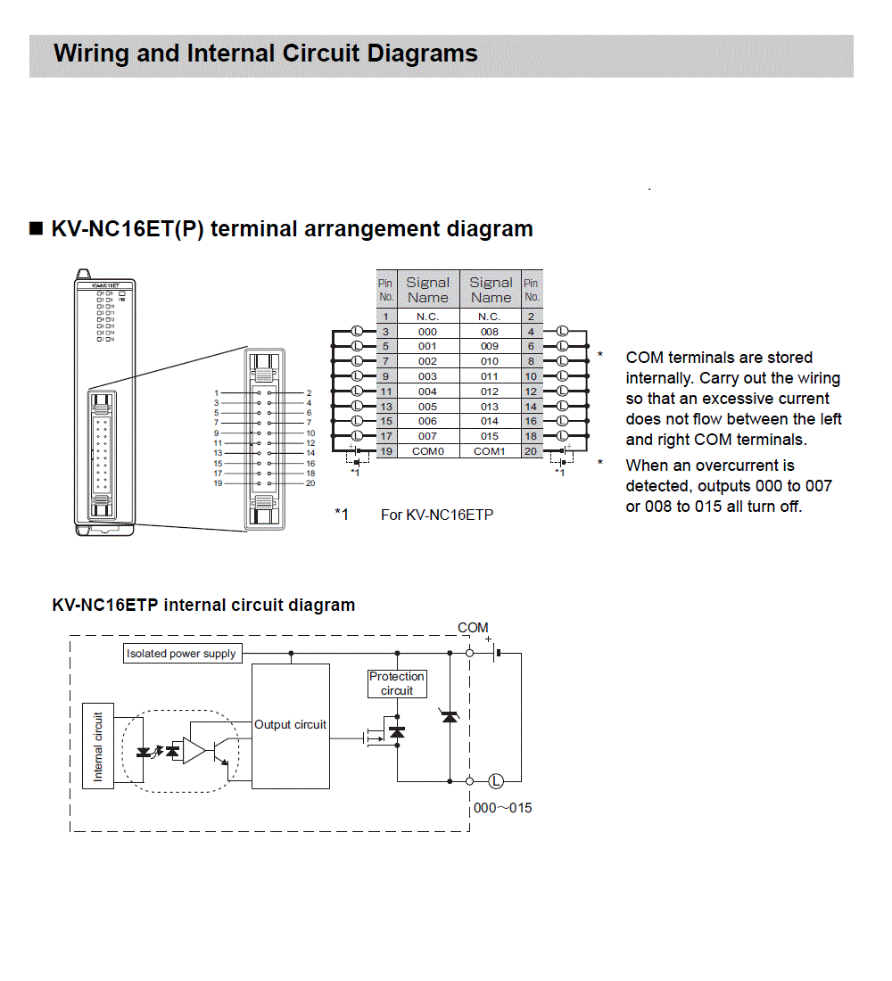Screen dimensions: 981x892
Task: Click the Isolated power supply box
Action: pyautogui.click(x=182, y=654)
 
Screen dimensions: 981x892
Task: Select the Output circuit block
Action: pyautogui.click(x=291, y=725)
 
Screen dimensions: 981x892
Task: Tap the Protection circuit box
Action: pyautogui.click(x=397, y=684)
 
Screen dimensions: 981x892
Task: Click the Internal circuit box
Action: pyautogui.click(x=98, y=746)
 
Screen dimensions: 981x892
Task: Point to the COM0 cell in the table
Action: pyautogui.click(x=427, y=451)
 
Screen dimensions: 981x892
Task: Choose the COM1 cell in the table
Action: pyautogui.click(x=490, y=451)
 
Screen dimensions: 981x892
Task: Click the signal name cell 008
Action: pyautogui.click(x=490, y=332)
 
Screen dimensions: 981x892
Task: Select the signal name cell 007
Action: pyautogui.click(x=427, y=436)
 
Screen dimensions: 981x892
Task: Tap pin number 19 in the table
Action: pyautogui.click(x=385, y=451)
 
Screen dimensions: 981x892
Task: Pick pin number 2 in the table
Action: pyautogui.click(x=531, y=317)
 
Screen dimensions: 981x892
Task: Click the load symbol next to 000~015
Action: pyautogui.click(x=496, y=782)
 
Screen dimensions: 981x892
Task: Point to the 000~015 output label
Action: pyautogui.click(x=502, y=808)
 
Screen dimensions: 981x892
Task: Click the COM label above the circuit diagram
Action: pyautogui.click(x=473, y=628)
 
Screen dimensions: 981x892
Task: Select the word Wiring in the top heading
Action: pyautogui.click(x=90, y=54)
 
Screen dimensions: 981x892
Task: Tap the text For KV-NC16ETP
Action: pyautogui.click(x=437, y=515)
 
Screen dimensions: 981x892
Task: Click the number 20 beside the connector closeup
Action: pyautogui.click(x=310, y=483)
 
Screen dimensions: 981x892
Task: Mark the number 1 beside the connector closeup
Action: pyautogui.click(x=216, y=392)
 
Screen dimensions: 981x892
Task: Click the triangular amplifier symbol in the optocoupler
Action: pyautogui.click(x=194, y=751)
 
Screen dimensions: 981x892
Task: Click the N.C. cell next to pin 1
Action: pyautogui.click(x=427, y=317)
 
